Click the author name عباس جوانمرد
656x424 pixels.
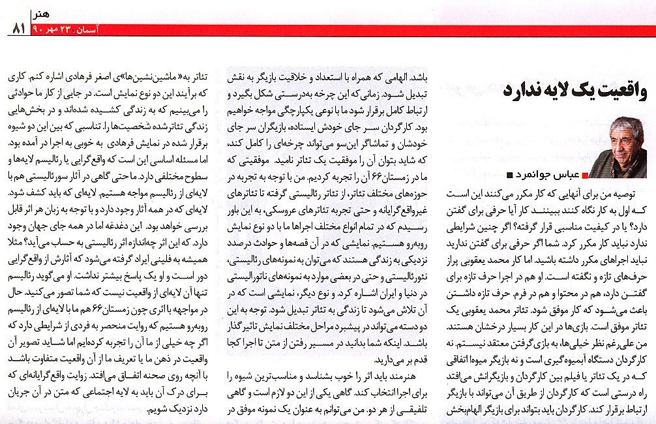[548, 175]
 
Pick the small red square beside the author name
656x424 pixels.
[584, 175]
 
